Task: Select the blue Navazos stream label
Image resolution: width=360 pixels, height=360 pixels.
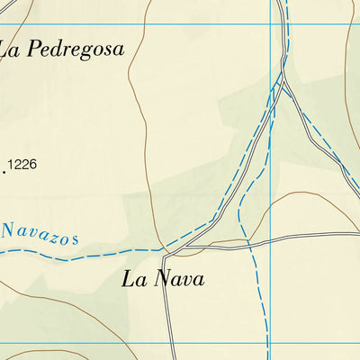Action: (40, 234)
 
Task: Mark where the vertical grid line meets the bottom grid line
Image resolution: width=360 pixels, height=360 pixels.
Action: (271, 343)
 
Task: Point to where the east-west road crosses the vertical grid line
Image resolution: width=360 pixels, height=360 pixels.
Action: (271, 239)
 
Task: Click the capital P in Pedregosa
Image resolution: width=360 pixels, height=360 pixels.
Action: (35, 49)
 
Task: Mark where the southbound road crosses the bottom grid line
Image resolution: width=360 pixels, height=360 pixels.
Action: (168, 343)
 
